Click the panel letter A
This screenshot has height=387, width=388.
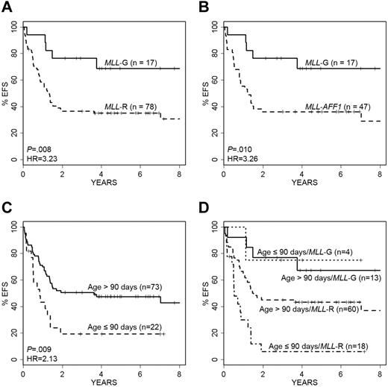click(x=7, y=7)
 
